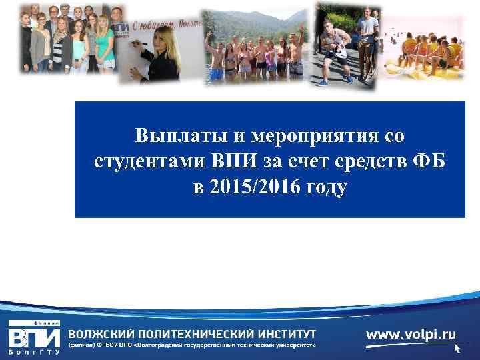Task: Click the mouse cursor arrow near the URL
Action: coord(457,348)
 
